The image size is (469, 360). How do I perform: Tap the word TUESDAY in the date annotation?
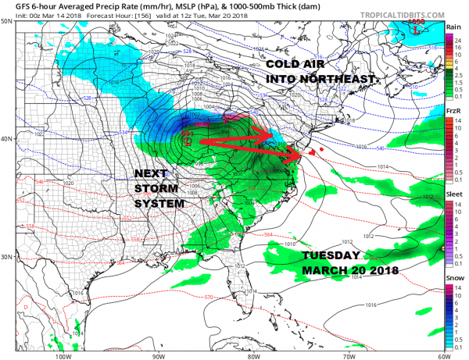(x=330, y=256)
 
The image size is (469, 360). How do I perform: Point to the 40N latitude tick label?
(x=7, y=139)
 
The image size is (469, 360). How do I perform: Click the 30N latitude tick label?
(x=7, y=258)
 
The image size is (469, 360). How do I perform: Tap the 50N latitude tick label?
(x=7, y=21)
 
